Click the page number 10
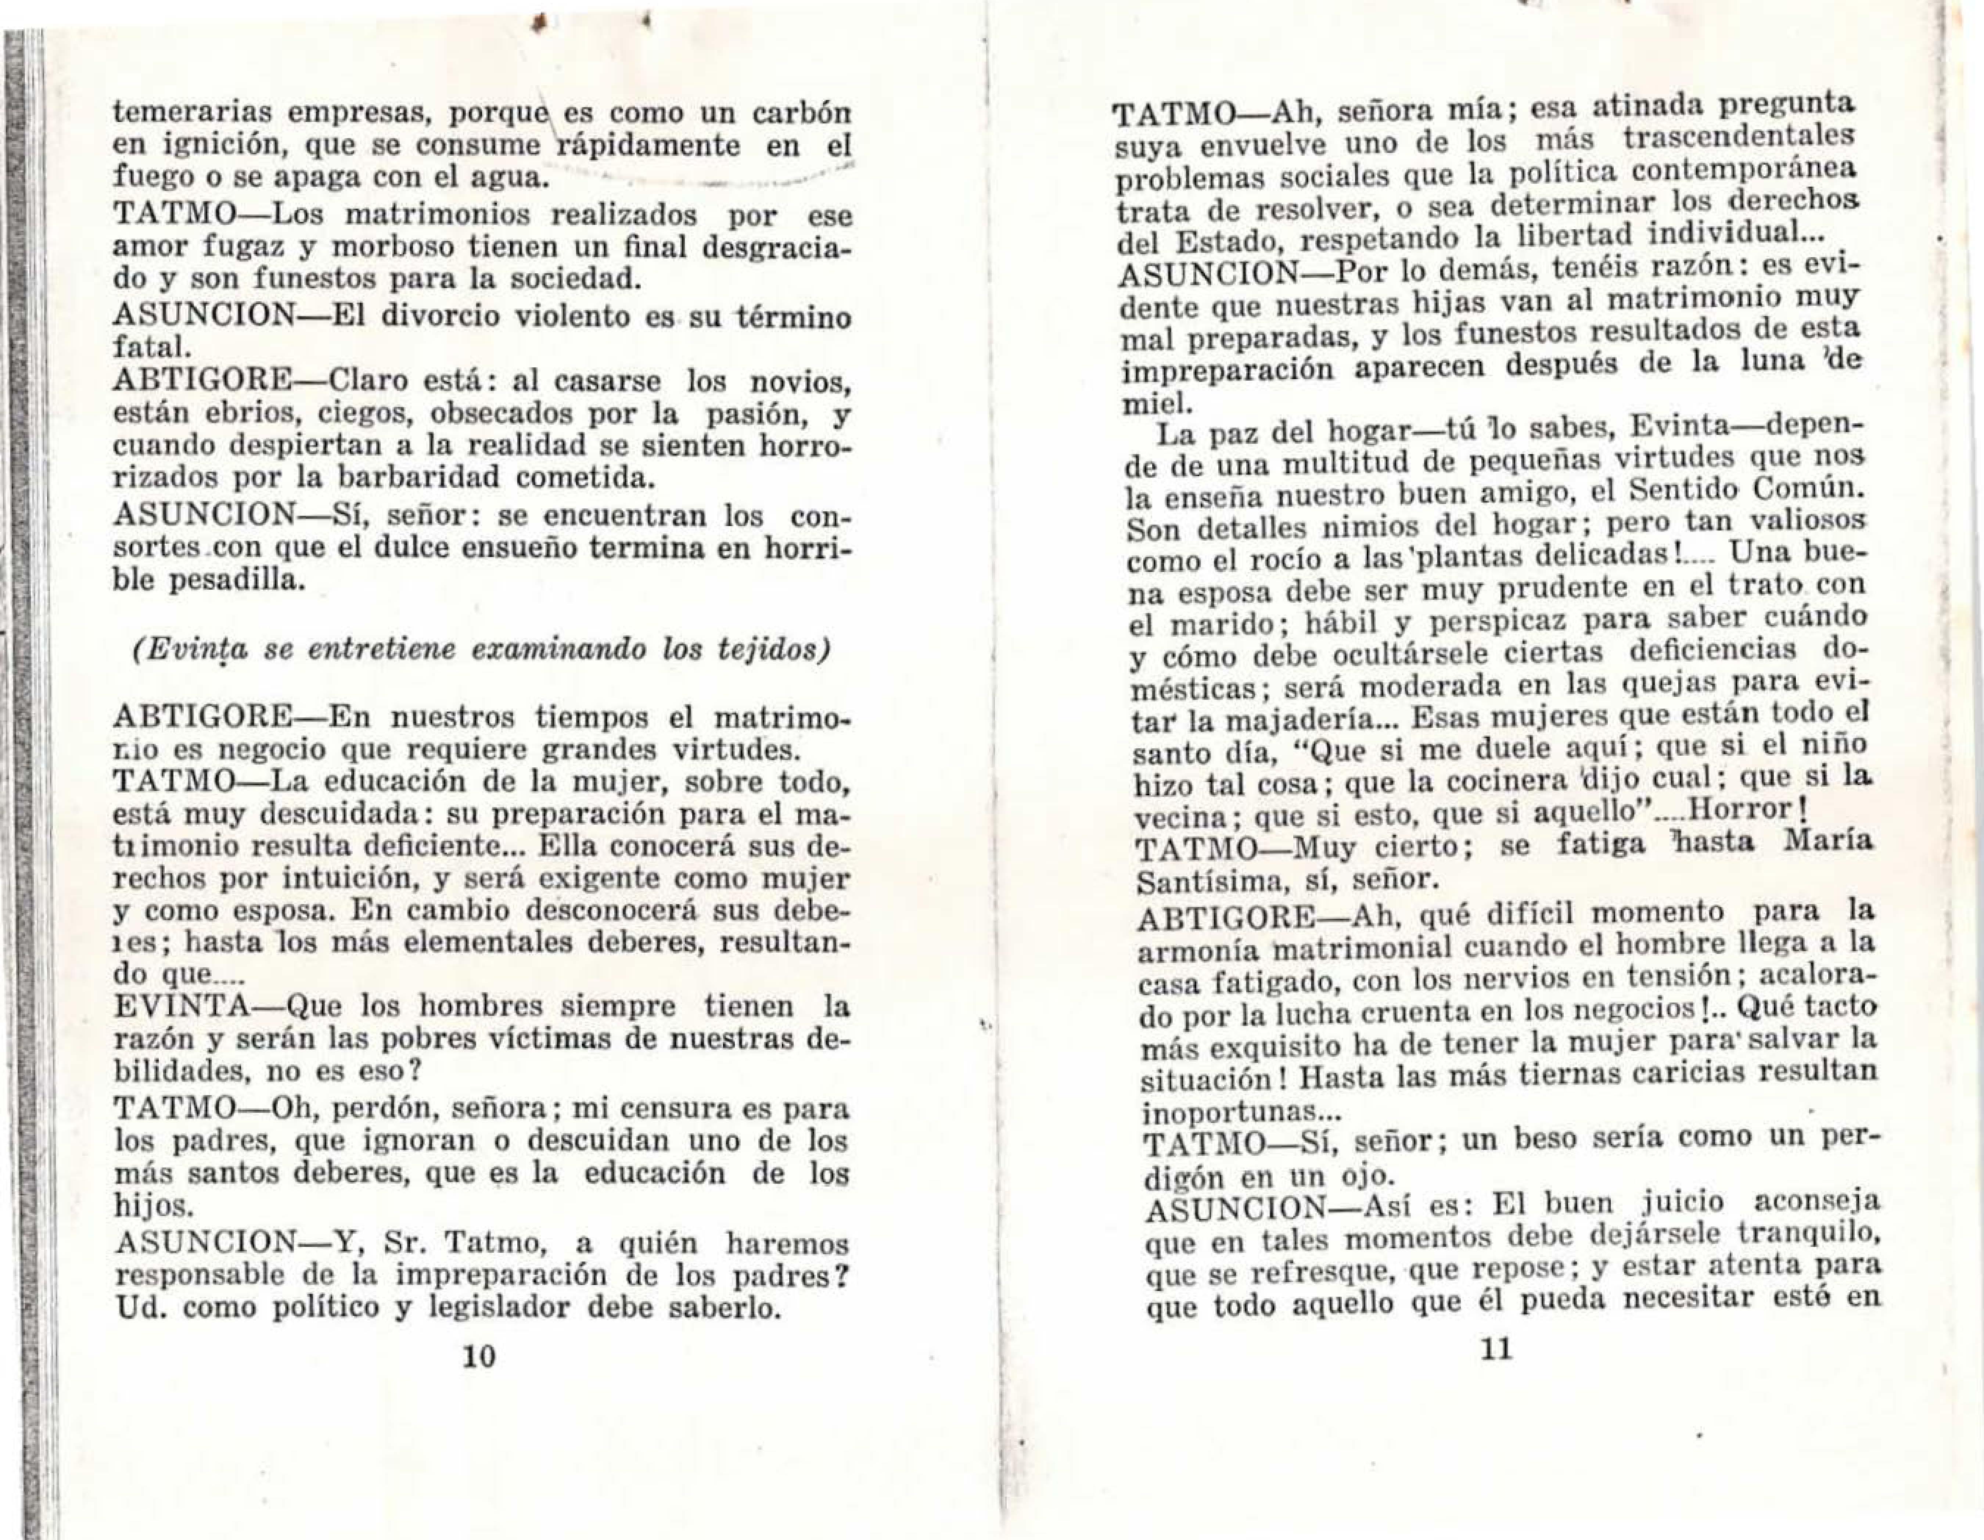(479, 1356)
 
